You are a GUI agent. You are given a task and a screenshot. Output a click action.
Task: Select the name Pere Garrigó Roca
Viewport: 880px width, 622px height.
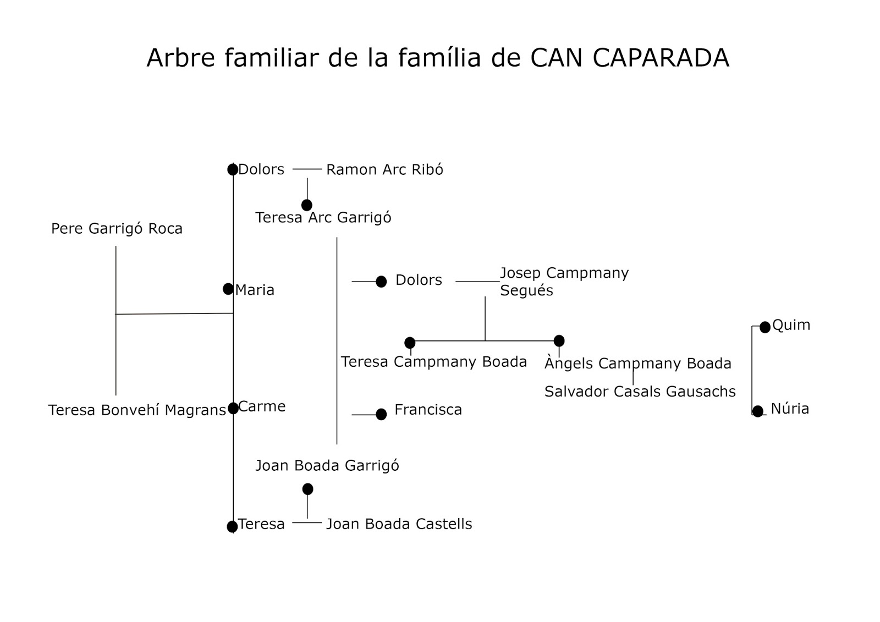[x=117, y=229]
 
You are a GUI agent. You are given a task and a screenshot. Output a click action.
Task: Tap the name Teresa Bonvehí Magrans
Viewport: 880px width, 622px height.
[x=137, y=410]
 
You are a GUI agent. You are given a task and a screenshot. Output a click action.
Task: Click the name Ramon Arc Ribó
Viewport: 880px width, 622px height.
[x=384, y=169]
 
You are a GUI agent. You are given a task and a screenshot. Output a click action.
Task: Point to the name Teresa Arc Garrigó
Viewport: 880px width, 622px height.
[x=323, y=218]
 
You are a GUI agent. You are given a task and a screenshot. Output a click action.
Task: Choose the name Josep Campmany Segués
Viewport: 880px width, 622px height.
[x=564, y=282]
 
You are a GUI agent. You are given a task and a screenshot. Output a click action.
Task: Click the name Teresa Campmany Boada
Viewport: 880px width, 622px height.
[x=433, y=362]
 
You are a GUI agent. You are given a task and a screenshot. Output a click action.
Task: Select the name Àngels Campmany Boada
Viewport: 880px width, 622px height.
[x=638, y=364]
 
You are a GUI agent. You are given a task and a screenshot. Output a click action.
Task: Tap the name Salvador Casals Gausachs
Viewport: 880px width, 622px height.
[x=640, y=392]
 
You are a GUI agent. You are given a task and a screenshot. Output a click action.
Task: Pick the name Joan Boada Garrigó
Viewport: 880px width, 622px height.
[x=327, y=466]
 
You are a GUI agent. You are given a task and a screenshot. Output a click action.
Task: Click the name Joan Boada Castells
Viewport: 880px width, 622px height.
[x=399, y=524]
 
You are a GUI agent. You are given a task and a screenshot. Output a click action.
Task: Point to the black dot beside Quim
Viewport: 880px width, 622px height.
[x=765, y=327]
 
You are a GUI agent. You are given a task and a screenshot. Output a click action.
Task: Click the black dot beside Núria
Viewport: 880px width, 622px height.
[x=758, y=411]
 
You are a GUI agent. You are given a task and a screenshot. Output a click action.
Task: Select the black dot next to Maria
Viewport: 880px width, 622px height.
[x=228, y=289]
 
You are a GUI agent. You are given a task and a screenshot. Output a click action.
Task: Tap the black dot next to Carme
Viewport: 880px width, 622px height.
[x=233, y=408]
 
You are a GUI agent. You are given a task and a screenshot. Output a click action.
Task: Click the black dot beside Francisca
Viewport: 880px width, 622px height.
[x=381, y=414]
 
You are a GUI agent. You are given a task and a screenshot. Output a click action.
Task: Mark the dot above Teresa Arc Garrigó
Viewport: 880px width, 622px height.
[x=307, y=205]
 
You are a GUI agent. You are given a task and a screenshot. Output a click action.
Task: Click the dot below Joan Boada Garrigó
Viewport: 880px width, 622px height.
[x=307, y=489]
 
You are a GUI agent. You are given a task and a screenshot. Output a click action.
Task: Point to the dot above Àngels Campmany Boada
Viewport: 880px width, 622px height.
[x=559, y=340]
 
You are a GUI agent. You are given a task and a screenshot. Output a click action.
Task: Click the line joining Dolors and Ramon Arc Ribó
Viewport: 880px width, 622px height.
[x=307, y=169]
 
